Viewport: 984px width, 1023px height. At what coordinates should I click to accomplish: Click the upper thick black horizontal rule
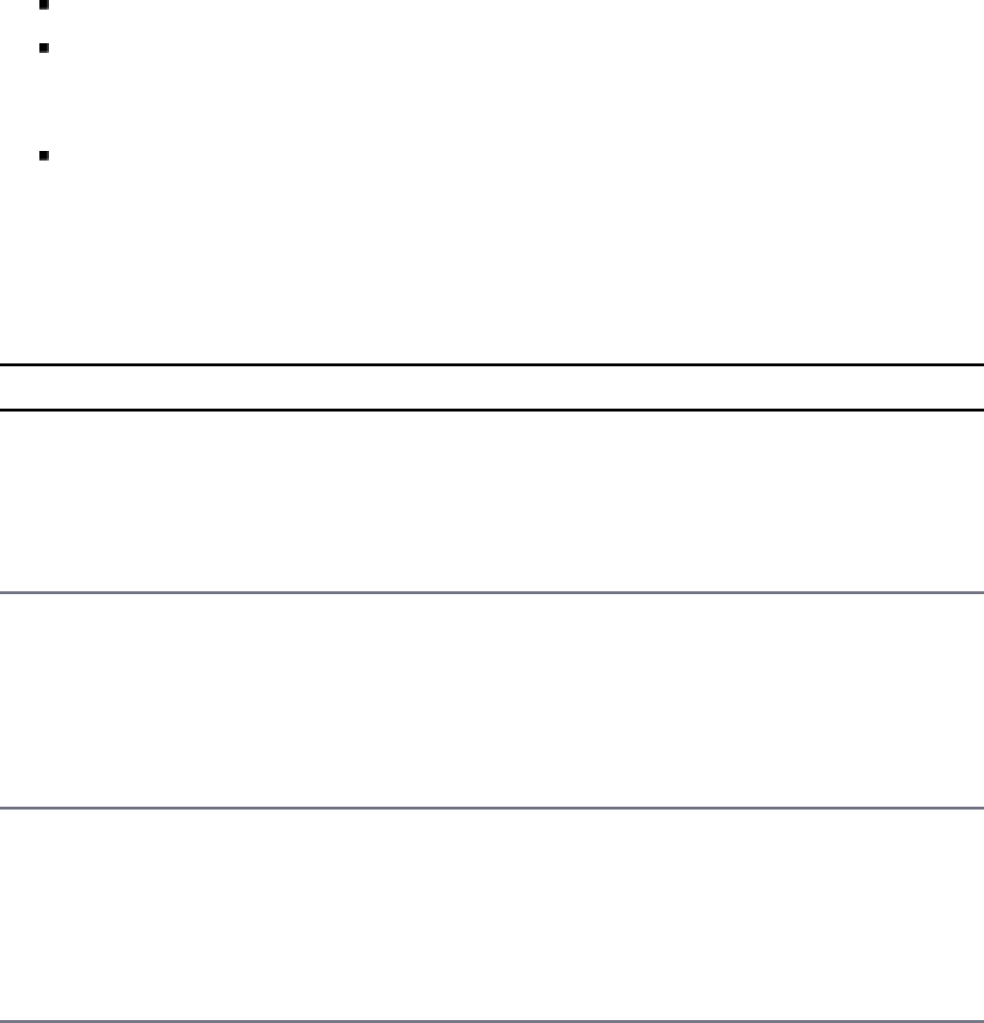[x=492, y=365]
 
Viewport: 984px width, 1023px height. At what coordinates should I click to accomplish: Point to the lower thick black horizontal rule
[x=492, y=411]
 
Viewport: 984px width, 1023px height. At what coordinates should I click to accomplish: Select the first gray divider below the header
[x=492, y=593]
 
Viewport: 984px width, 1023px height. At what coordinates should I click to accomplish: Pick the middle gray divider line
[x=492, y=808]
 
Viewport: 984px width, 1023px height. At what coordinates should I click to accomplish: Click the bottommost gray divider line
[x=492, y=1019]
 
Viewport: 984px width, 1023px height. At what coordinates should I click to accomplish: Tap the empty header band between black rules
[x=492, y=388]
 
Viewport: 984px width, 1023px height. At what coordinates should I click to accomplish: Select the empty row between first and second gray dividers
[x=492, y=700]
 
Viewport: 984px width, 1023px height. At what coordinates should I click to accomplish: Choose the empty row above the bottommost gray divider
[x=492, y=913]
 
